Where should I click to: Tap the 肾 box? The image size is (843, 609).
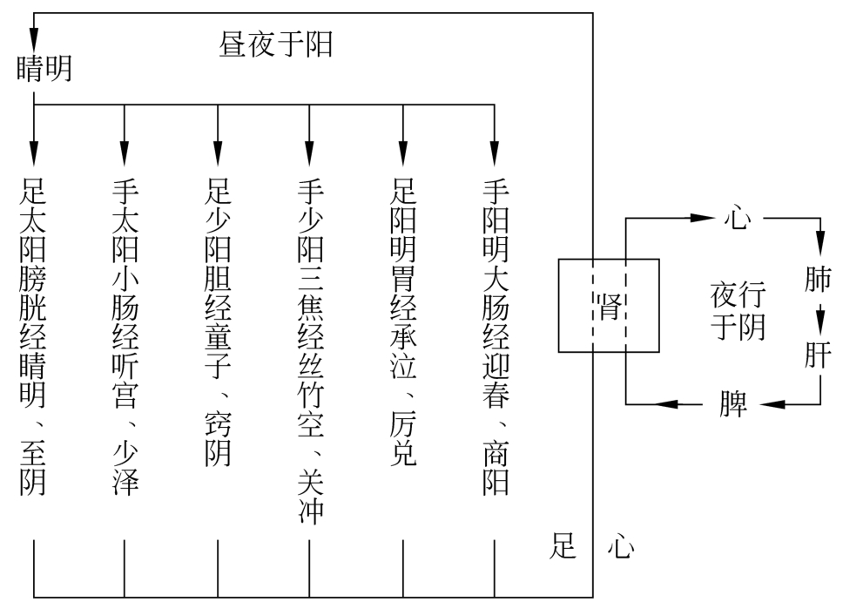pos(609,306)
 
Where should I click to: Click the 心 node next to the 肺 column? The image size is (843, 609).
pos(736,218)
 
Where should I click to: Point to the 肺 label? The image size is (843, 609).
pos(818,279)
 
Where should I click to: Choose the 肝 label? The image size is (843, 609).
pos(818,355)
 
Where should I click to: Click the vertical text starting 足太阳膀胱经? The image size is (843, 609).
pos(33,336)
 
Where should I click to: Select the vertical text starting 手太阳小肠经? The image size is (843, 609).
pos(125,336)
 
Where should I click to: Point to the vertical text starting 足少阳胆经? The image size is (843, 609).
pos(218,322)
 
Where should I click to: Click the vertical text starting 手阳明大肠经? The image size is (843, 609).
pos(495,336)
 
